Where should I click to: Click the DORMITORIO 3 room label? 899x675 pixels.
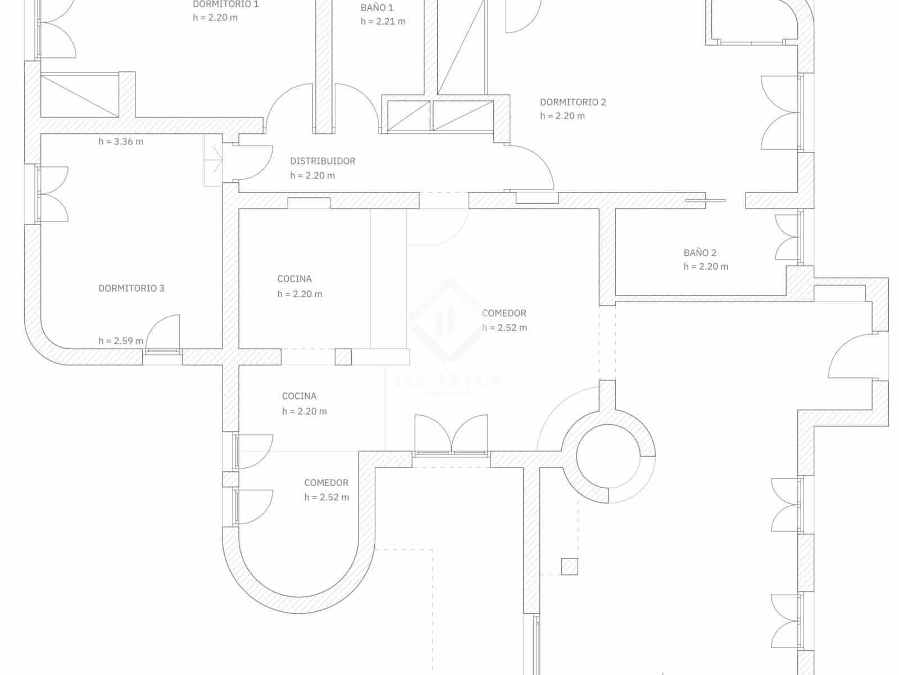click(x=131, y=289)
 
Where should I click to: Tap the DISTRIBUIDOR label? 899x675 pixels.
click(x=323, y=161)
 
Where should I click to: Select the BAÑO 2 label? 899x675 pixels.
click(x=700, y=253)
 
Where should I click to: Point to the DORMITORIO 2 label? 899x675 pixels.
click(x=573, y=102)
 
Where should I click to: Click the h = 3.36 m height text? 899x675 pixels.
click(x=121, y=142)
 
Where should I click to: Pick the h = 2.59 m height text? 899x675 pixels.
click(x=121, y=341)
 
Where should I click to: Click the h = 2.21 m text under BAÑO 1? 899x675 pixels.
click(x=383, y=22)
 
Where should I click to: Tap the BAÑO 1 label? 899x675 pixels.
click(x=376, y=8)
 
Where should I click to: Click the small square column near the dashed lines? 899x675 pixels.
click(x=569, y=566)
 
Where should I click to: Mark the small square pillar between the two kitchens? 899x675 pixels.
click(x=343, y=357)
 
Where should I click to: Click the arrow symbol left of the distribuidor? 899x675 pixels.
click(x=214, y=160)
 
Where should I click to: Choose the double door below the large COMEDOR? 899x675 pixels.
click(x=451, y=434)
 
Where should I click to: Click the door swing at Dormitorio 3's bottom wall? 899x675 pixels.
click(x=164, y=334)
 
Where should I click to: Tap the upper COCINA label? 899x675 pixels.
click(x=294, y=279)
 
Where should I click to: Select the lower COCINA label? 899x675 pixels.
click(x=299, y=397)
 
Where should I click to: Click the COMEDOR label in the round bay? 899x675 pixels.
click(x=326, y=483)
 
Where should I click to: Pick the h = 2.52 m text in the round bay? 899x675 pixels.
click(x=326, y=497)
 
